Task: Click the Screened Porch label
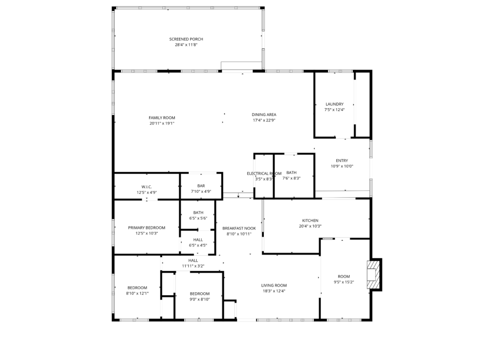tap(186, 39)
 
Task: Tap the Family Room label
tap(162, 118)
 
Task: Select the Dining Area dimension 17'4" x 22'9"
tap(264, 120)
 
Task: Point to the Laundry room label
tap(334, 104)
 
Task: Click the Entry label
tap(342, 161)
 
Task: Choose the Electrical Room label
tap(264, 173)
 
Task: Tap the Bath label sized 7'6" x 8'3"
tap(291, 173)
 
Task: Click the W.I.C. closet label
tap(147, 187)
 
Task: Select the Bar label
tap(201, 186)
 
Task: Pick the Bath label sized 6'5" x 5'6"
tap(198, 212)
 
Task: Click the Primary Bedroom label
tap(147, 228)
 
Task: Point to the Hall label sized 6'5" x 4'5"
tap(198, 240)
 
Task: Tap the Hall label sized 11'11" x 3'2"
tap(193, 260)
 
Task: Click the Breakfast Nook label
tap(239, 228)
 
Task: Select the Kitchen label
tap(310, 221)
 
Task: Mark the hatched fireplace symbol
tap(373, 275)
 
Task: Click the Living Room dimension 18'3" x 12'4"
tap(274, 291)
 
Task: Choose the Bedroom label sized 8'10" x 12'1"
tap(137, 288)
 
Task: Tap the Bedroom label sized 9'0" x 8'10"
tap(199, 294)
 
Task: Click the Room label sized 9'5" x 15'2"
tap(344, 276)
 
